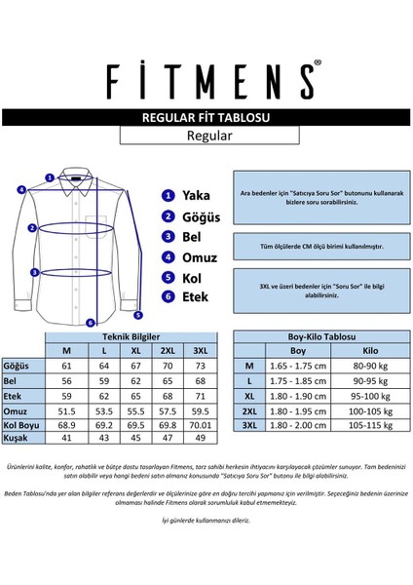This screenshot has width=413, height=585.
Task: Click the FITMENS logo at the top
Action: (206, 77)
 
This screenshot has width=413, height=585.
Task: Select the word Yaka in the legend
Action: (197, 195)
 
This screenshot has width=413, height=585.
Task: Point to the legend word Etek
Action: (196, 298)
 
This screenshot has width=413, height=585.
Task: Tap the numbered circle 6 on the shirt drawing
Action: (89, 322)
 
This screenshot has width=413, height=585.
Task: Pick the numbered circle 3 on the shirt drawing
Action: (35, 273)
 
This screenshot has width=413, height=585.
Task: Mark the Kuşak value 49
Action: (201, 441)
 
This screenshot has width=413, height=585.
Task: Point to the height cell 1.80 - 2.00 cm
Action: (299, 426)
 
